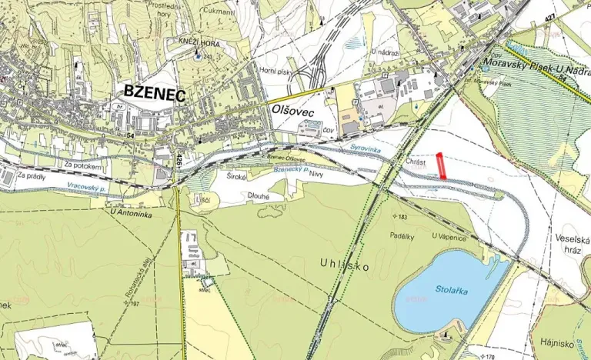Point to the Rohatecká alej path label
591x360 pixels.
131,274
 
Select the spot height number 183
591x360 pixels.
401,216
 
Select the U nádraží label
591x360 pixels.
384,51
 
